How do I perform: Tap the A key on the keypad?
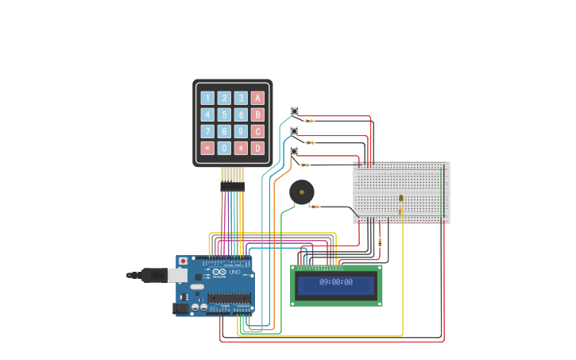pyautogui.click(x=257, y=98)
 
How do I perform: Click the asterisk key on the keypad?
pyautogui.click(x=207, y=148)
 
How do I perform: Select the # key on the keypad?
pyautogui.click(x=241, y=148)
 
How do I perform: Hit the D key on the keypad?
pyautogui.click(x=257, y=148)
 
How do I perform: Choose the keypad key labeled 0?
pyautogui.click(x=224, y=148)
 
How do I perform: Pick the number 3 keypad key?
pyautogui.click(x=241, y=98)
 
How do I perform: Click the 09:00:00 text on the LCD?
pyautogui.click(x=336, y=282)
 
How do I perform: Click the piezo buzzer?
pyautogui.click(x=301, y=192)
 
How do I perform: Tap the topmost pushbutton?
pyautogui.click(x=294, y=111)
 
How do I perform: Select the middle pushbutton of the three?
pyautogui.click(x=294, y=131)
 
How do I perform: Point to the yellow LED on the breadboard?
pyautogui.click(x=400, y=198)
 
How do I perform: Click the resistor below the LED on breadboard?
pyautogui.click(x=400, y=212)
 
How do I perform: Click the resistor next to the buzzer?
pyautogui.click(x=315, y=207)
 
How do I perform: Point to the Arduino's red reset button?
pyautogui.click(x=184, y=261)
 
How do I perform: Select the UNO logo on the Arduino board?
pyautogui.click(x=235, y=273)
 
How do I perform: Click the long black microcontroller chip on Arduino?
pyautogui.click(x=230, y=299)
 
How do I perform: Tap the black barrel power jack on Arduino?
pyautogui.click(x=181, y=308)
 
